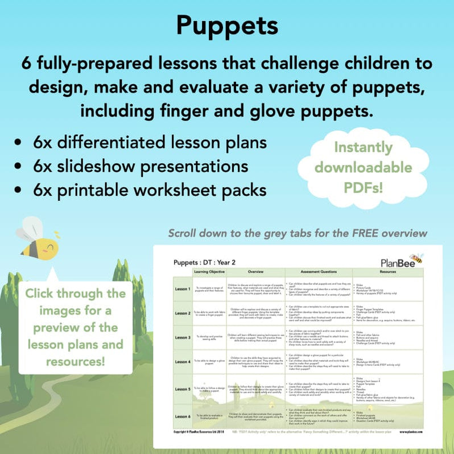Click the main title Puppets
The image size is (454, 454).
tap(227, 26)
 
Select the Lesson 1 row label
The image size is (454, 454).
tap(183, 289)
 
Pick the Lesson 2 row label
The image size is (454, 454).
tap(183, 313)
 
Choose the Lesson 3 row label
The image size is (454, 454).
tap(183, 338)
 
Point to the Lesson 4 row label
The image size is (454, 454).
tap(183, 362)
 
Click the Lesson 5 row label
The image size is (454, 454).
tap(183, 390)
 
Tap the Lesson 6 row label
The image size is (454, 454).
tap(183, 416)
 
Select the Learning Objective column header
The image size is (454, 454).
tap(210, 272)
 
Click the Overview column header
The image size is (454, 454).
tap(255, 272)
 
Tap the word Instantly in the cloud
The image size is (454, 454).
tap(371, 147)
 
